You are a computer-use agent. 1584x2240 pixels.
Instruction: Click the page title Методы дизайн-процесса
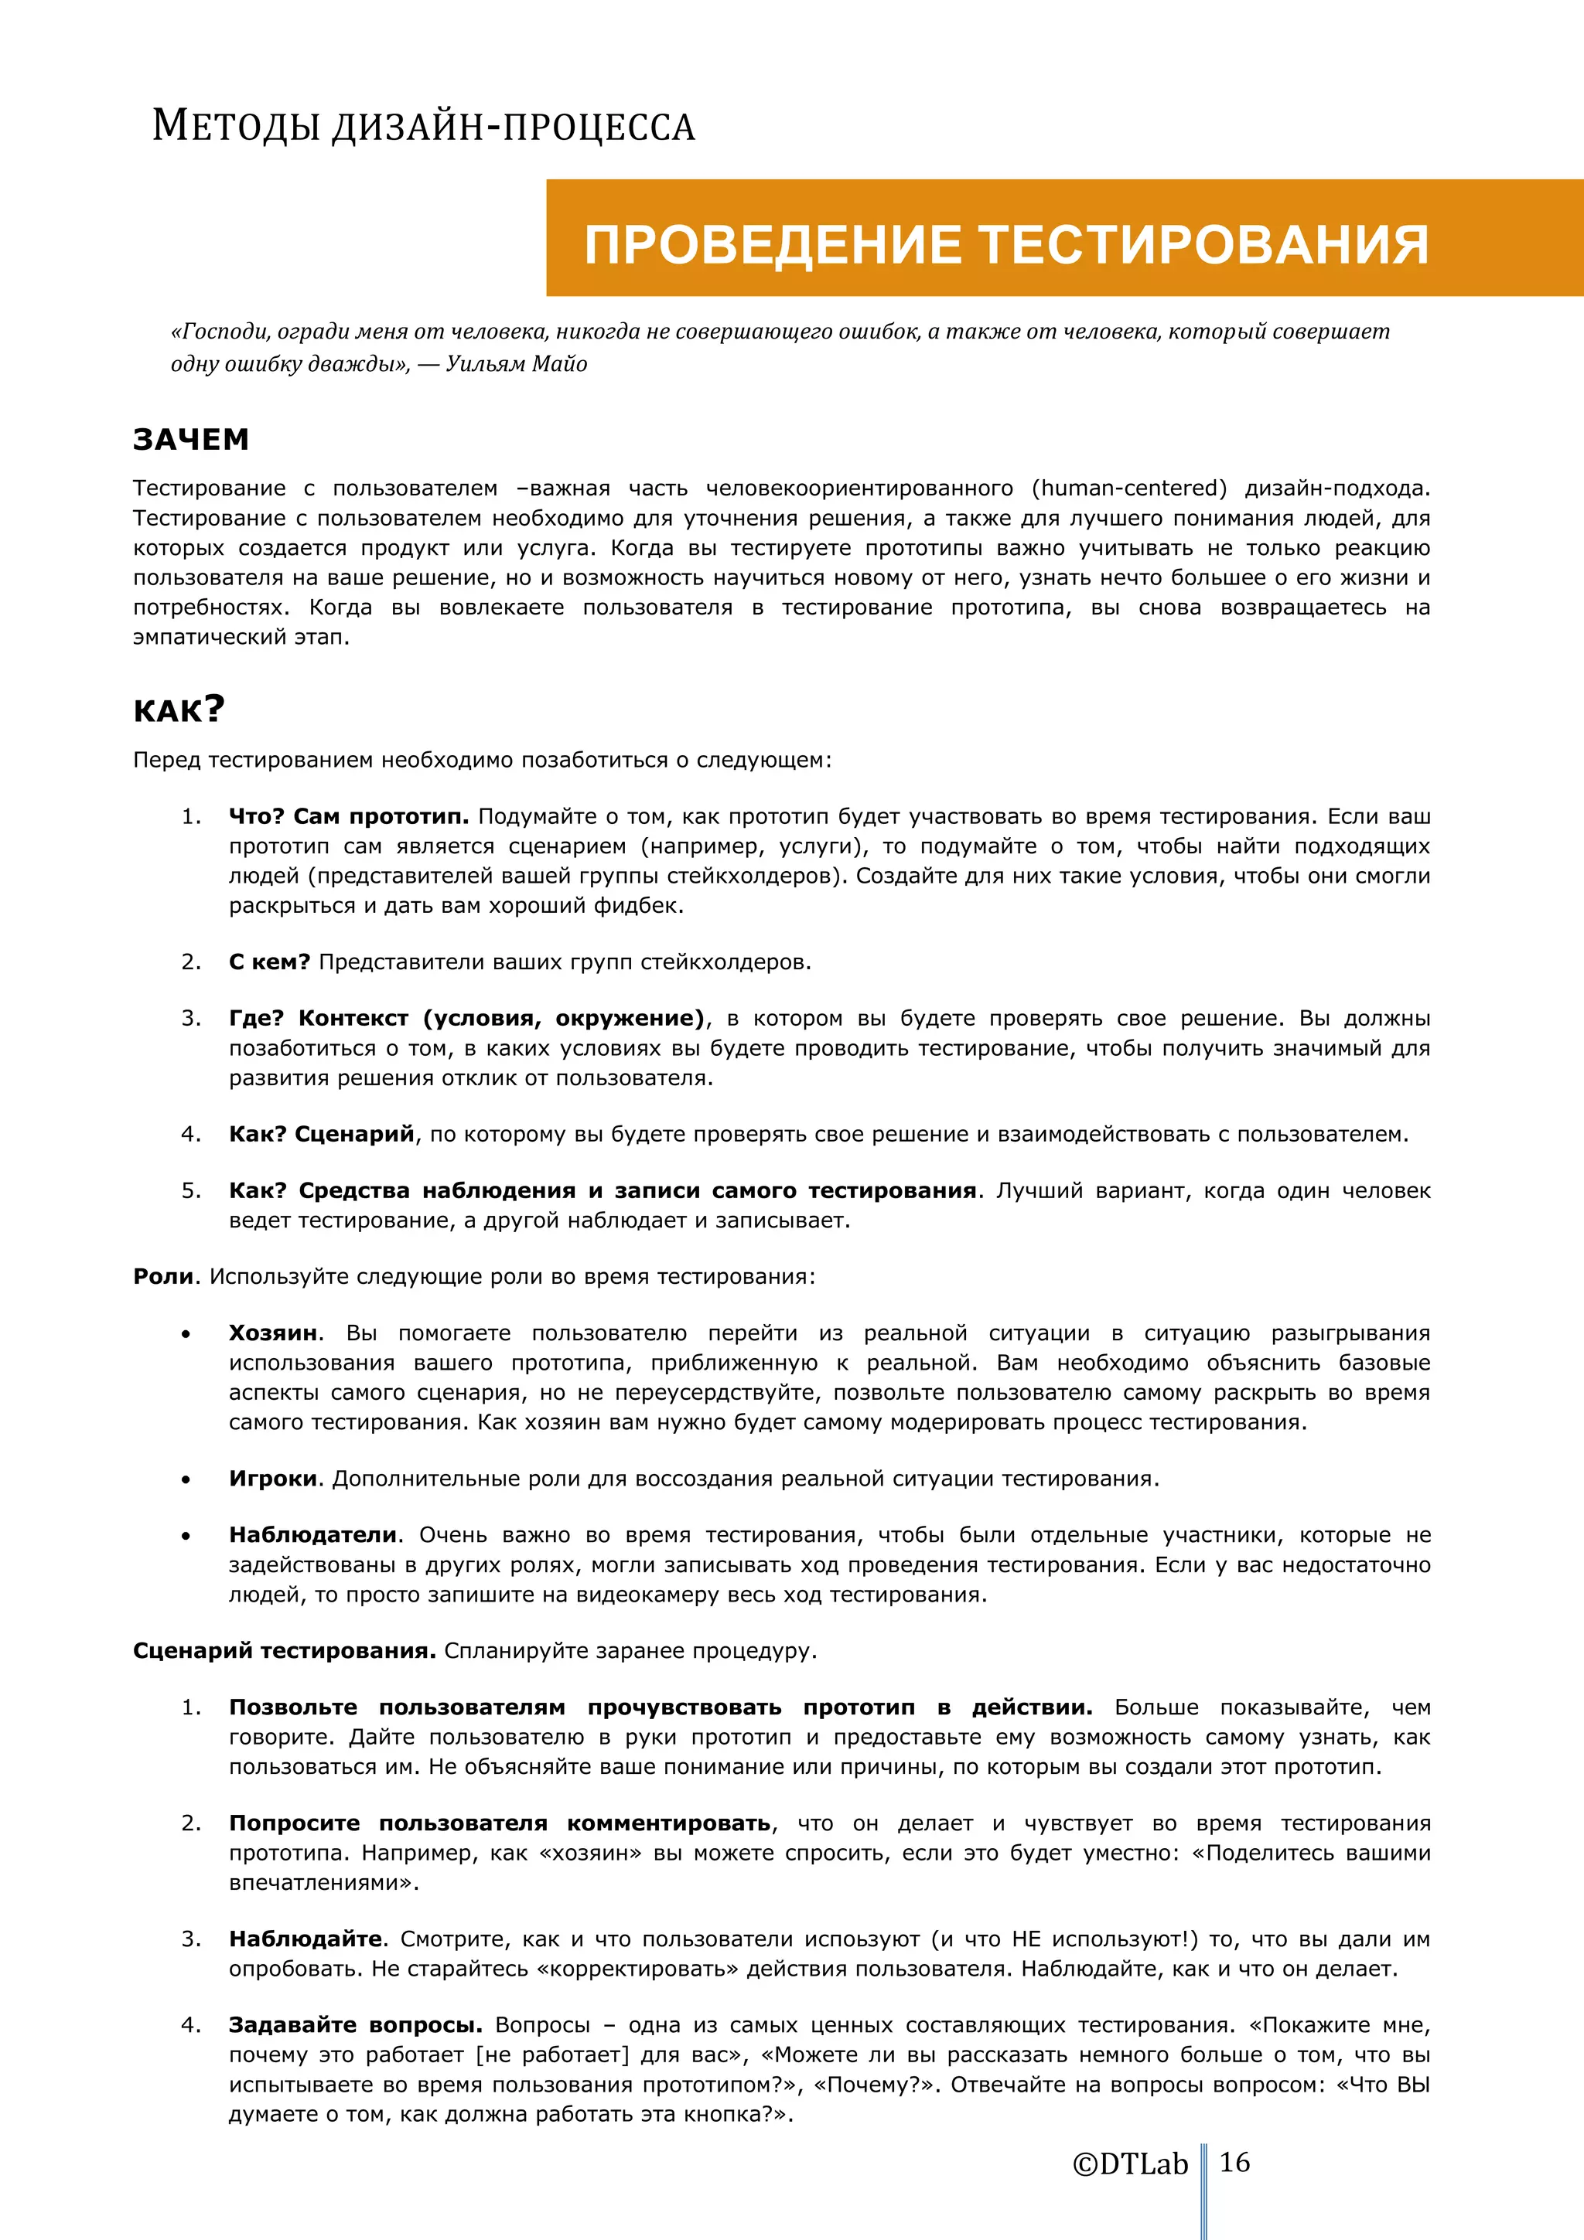424,127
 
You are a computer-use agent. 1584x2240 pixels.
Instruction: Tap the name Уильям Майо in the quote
517,364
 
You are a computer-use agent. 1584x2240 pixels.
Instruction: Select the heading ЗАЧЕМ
191,440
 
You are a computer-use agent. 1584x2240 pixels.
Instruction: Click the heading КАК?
179,710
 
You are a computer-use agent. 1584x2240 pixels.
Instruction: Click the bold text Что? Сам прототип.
348,816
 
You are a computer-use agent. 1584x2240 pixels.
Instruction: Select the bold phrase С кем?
269,962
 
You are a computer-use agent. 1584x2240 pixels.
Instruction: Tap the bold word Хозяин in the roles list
273,1333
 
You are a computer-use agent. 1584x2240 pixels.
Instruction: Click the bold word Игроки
273,1478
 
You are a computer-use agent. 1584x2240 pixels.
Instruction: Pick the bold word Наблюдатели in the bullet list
313,1534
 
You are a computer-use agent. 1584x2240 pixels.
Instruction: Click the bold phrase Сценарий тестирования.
284,1651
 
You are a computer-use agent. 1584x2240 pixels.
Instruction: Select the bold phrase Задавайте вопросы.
355,2024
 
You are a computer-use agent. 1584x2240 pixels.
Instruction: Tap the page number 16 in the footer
1234,2162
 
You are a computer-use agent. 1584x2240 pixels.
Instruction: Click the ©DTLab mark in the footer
1129,2164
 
